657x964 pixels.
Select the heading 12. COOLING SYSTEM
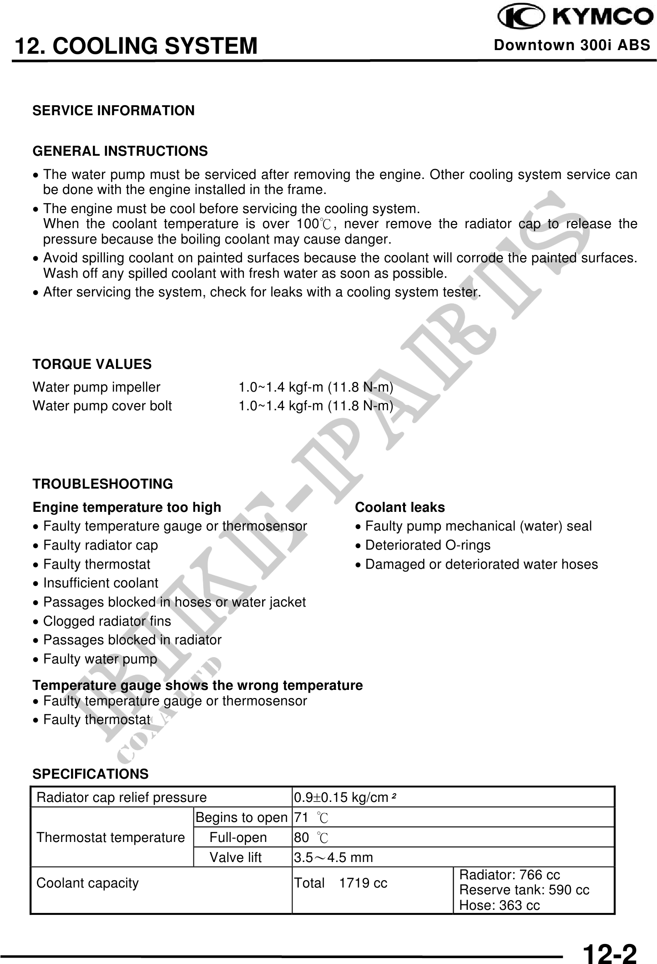pyautogui.click(x=136, y=46)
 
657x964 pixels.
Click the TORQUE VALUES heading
pyautogui.click(x=92, y=364)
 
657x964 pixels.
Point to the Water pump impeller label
pyautogui.click(x=96, y=388)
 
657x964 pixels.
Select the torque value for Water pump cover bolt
pyautogui.click(x=316, y=406)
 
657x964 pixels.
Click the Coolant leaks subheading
pyautogui.click(x=399, y=507)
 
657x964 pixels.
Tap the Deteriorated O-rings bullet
pyautogui.click(x=427, y=545)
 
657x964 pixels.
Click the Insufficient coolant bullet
pyautogui.click(x=100, y=583)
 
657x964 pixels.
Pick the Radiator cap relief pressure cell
pyautogui.click(x=121, y=797)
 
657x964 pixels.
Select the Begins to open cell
pyautogui.click(x=242, y=818)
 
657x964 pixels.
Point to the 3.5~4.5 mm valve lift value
pyautogui.click(x=334, y=858)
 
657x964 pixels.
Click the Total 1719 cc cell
pyautogui.click(x=341, y=883)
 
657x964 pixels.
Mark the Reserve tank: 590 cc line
pyautogui.click(x=524, y=890)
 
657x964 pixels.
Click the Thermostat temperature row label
pyautogui.click(x=111, y=837)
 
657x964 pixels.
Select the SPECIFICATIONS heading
pyautogui.click(x=91, y=774)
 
